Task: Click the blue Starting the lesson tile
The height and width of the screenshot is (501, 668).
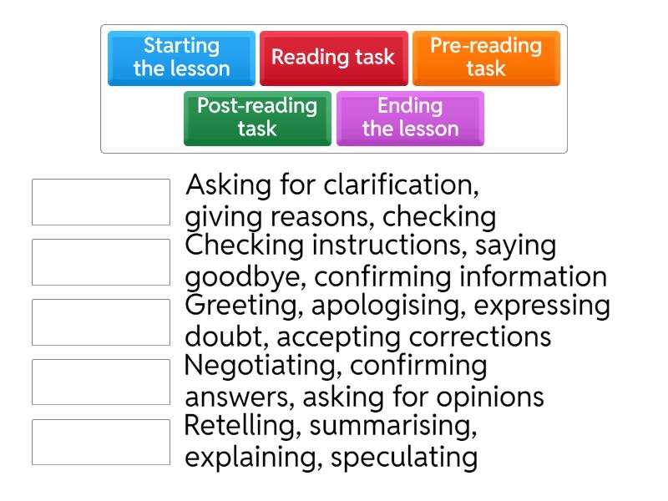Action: pos(181,58)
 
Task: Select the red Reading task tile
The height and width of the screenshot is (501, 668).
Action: pos(333,58)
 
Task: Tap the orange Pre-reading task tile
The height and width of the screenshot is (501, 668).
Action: pos(486,58)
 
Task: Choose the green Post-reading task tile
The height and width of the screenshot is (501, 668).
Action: pos(257,119)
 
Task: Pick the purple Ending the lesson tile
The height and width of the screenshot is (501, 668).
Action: pos(410,119)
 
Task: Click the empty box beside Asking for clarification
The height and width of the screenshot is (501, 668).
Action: pos(101,202)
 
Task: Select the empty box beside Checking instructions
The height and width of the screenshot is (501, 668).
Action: pos(101,262)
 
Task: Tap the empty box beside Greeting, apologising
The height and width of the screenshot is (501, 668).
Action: pos(101,322)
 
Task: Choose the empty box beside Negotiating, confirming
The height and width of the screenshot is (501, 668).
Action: pos(101,382)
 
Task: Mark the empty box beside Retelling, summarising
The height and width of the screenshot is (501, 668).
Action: pos(101,443)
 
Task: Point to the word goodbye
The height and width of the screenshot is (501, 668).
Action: pos(245,278)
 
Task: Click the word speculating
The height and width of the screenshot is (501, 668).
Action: pos(404,458)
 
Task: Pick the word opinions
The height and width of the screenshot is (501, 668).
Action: pos(490,398)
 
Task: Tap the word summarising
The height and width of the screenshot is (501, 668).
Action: pos(392,426)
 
